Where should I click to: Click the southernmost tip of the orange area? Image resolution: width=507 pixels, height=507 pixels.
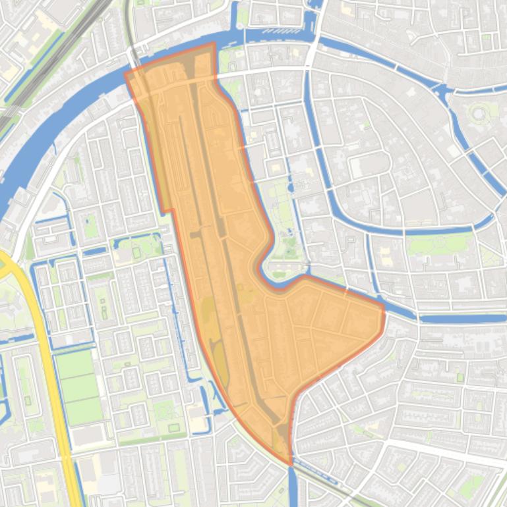click(x=290, y=464)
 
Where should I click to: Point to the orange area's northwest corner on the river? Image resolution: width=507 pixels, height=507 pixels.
click(x=126, y=72)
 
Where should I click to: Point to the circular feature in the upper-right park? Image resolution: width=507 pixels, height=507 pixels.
click(x=478, y=114)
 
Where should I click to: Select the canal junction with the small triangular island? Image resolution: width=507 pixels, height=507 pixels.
click(x=443, y=92)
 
